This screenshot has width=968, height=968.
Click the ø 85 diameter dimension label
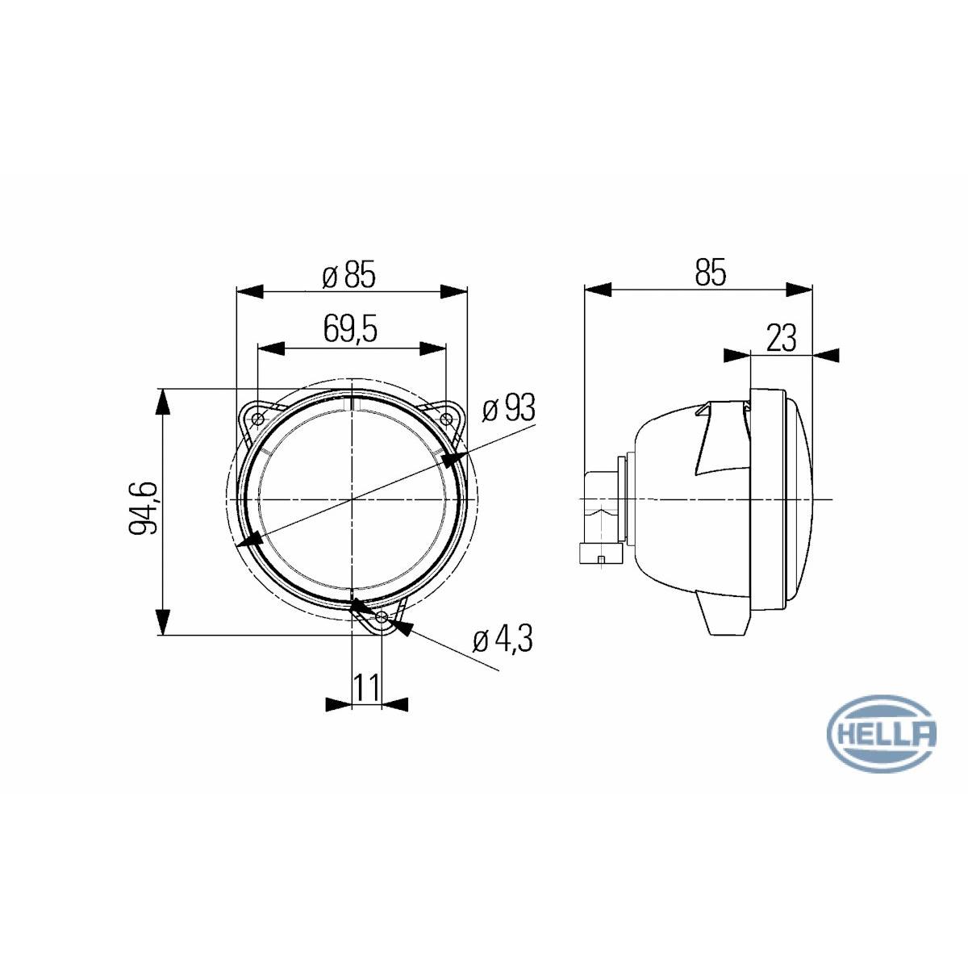(x=348, y=276)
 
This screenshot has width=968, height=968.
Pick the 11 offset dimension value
(x=366, y=687)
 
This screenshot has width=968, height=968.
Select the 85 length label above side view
(x=711, y=273)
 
